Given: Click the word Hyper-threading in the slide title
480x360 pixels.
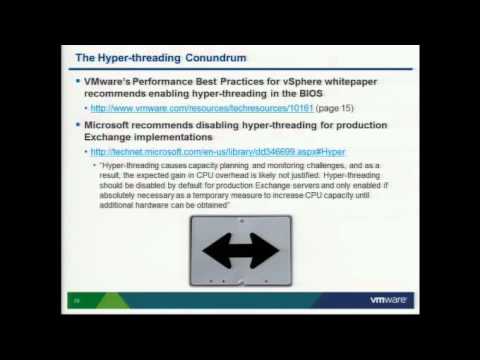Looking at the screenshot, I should pos(124,51).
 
